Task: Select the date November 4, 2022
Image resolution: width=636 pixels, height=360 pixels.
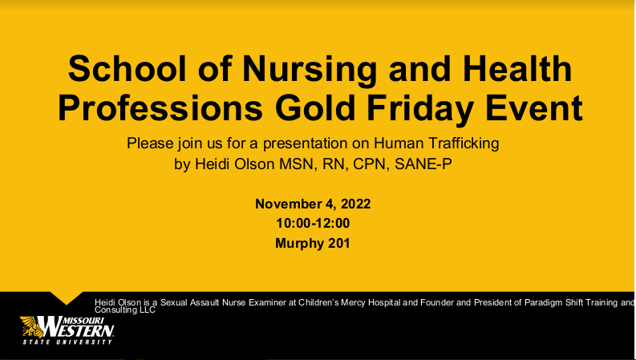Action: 313,204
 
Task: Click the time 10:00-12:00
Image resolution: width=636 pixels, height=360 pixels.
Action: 313,223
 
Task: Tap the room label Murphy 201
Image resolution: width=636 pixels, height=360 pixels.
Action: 313,242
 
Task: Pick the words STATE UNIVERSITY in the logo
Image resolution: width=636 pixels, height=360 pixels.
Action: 67,342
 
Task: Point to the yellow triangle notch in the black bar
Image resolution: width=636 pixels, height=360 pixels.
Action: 67,297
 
